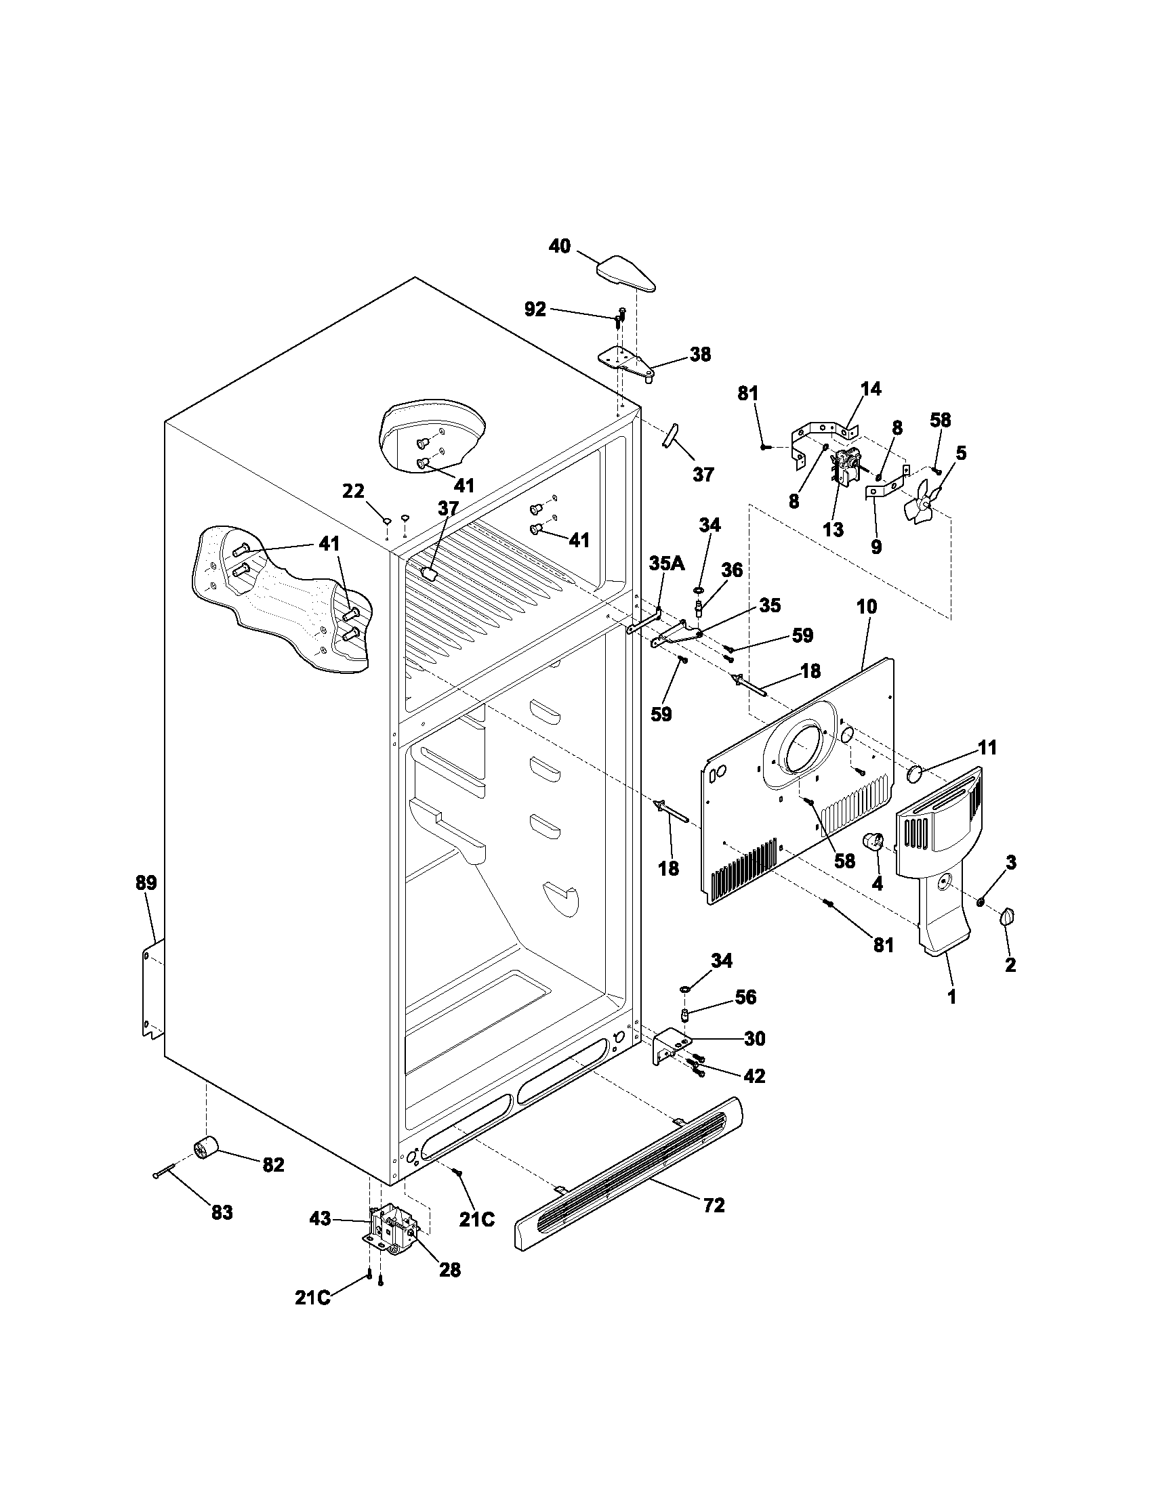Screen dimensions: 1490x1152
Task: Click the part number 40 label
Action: (560, 247)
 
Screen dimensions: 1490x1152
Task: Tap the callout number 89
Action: (146, 882)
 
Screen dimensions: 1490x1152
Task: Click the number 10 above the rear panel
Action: (867, 607)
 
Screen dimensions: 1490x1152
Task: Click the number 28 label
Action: (450, 1270)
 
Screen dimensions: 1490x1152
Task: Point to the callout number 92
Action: (535, 310)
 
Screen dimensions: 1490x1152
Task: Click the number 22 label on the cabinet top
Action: (353, 491)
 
